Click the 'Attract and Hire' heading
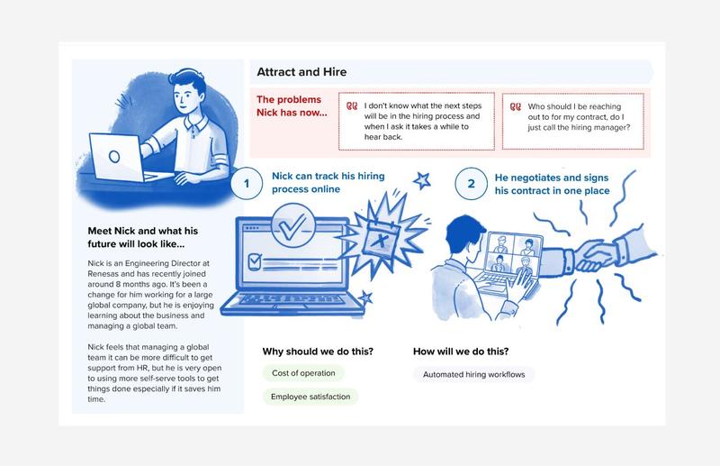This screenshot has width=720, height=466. [x=301, y=72]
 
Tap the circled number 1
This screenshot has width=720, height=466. [x=247, y=183]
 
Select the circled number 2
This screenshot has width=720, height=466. [x=471, y=184]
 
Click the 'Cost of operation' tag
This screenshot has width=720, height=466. [x=303, y=373]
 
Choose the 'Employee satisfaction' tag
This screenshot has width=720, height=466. [x=310, y=397]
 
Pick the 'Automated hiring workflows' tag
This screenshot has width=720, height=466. [x=474, y=374]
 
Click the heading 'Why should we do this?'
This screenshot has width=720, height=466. [x=318, y=352]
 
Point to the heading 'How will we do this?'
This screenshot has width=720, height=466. [x=461, y=352]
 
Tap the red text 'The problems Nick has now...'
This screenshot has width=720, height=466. [x=292, y=105]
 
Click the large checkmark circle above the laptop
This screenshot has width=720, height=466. [x=293, y=226]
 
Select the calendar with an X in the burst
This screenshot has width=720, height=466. [x=380, y=238]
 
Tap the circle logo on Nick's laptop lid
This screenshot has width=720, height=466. [x=114, y=157]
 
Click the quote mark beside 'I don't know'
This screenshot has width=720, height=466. [x=352, y=106]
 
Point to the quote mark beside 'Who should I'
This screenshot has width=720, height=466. [x=516, y=106]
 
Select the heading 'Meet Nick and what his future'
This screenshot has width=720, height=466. [x=143, y=237]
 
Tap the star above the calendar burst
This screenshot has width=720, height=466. [x=422, y=180]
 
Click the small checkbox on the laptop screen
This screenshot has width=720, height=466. [x=255, y=261]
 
